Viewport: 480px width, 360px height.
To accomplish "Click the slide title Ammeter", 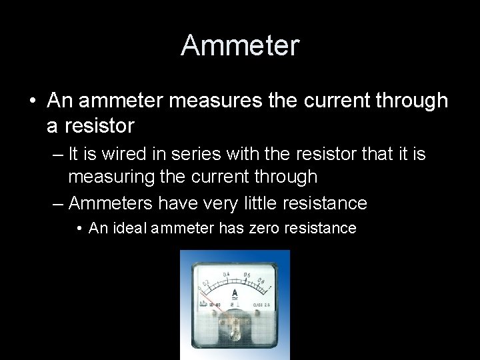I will [x=240, y=45].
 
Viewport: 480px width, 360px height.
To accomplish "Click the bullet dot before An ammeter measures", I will [x=32, y=101].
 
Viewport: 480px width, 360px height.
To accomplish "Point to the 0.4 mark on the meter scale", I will [x=227, y=274].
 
